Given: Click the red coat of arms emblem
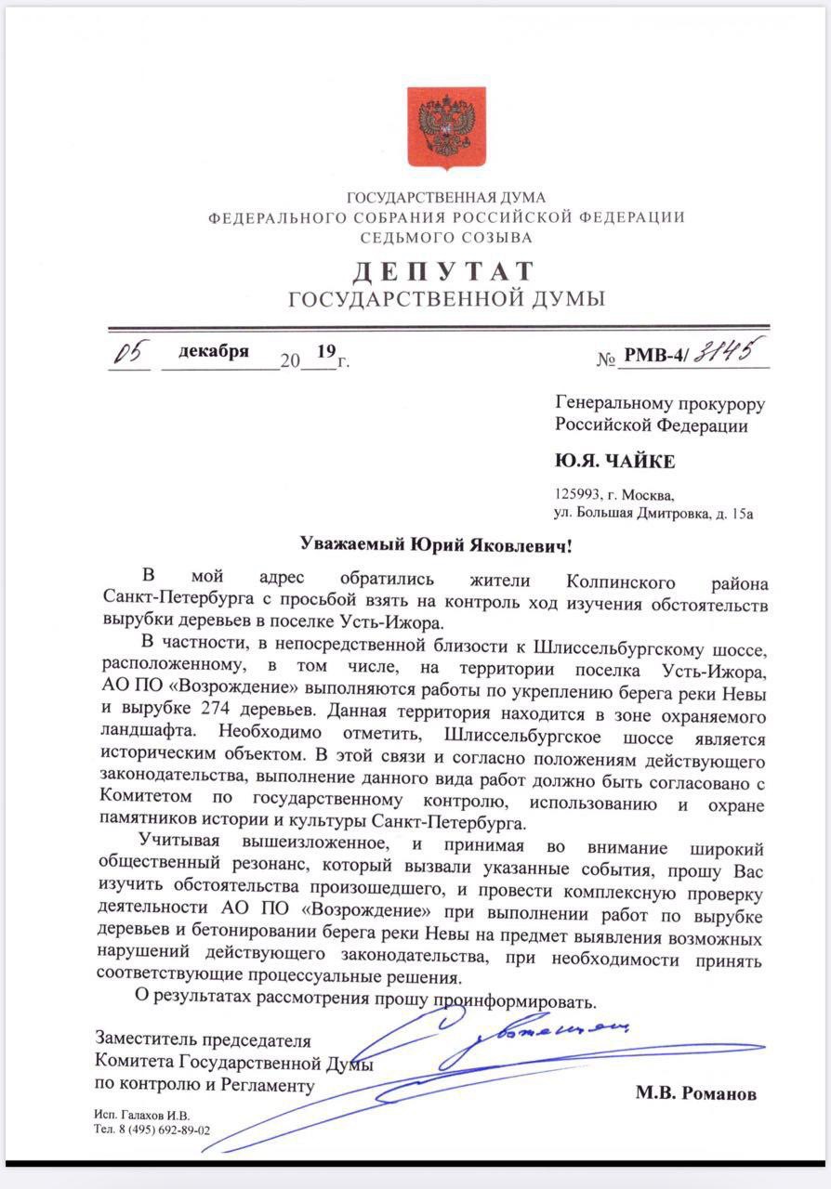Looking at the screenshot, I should (446, 128).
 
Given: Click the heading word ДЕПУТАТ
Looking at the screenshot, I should (443, 271).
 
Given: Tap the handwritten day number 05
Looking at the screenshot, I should (129, 355).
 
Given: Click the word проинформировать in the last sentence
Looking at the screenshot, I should (508, 1002).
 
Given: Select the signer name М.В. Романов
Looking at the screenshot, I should (695, 1093).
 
